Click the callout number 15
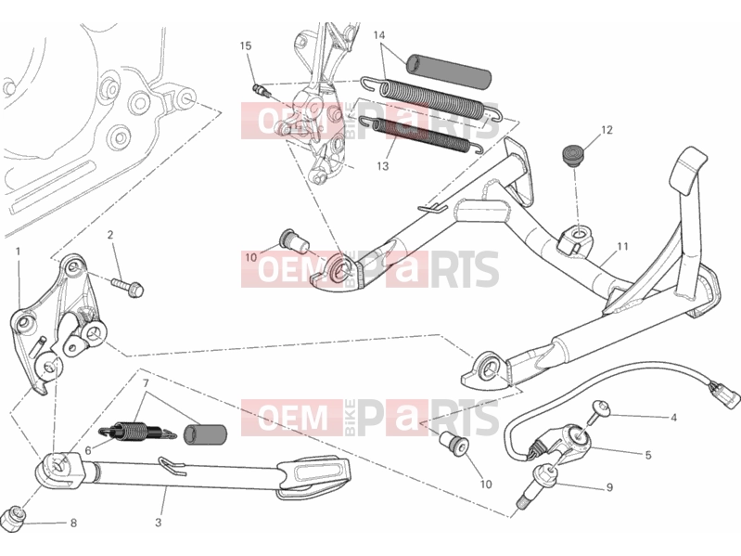coord(245,45)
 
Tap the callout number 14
coord(379,35)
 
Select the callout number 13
coord(383,166)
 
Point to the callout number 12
coord(607,130)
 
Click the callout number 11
coord(622,246)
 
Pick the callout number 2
coord(110,235)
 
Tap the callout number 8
coord(73,523)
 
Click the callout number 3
coord(159,523)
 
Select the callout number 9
coord(609,487)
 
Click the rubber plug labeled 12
coord(572,155)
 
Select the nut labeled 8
coord(13,519)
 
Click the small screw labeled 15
coord(262,90)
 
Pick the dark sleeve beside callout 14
coord(449,71)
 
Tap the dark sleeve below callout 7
coord(205,434)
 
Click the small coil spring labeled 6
coord(137,432)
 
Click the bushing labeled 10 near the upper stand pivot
coord(295,241)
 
